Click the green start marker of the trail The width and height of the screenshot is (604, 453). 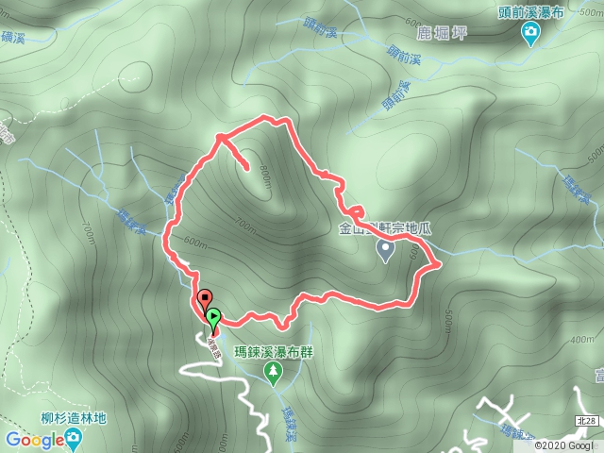[213, 318]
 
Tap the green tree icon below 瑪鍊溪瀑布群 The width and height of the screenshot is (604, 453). [274, 374]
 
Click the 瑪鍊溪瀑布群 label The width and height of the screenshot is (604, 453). [274, 352]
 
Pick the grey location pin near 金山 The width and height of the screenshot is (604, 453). [385, 249]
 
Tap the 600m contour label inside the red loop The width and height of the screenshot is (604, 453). [196, 242]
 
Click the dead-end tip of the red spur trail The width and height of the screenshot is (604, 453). [248, 169]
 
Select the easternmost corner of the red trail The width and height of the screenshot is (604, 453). [440, 265]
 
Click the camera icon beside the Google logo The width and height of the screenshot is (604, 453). [72, 439]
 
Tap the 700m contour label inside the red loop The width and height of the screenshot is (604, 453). [244, 224]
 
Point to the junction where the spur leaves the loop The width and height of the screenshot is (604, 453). [219, 138]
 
